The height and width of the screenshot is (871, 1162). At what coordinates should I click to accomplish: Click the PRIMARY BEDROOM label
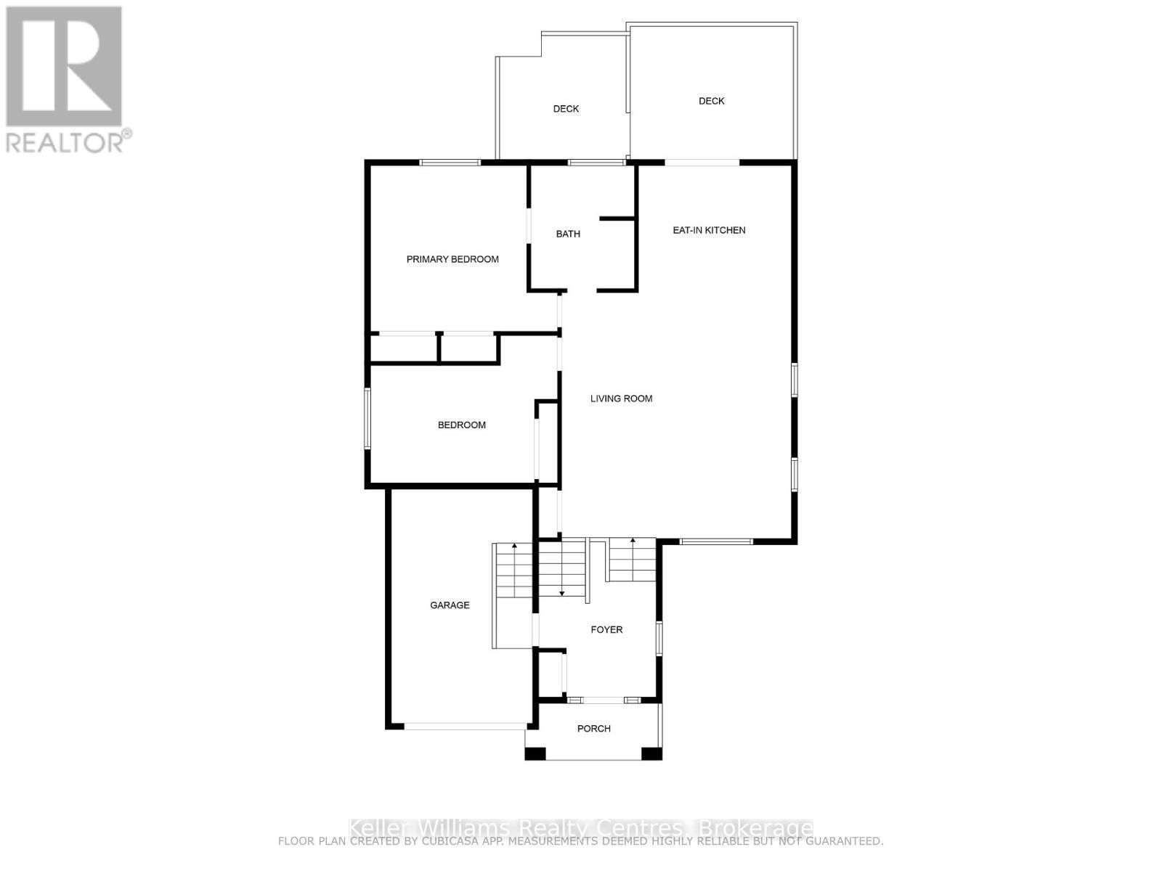click(452, 259)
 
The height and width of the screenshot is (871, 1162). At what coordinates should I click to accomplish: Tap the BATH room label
click(568, 234)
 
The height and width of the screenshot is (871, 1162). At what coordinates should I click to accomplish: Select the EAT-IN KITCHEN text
click(709, 230)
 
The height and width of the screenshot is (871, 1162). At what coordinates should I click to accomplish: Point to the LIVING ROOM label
click(621, 398)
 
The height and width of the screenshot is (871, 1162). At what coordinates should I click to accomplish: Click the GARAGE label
click(450, 605)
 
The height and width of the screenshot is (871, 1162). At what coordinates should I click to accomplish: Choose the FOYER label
click(606, 629)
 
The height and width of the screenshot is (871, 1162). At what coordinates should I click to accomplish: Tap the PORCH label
click(593, 728)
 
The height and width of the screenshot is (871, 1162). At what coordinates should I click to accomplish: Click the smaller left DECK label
click(566, 109)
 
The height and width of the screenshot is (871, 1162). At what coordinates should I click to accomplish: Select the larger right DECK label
click(711, 101)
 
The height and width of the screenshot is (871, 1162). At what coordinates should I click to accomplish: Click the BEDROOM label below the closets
click(461, 425)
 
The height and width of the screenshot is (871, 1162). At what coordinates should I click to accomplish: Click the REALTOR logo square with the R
click(64, 66)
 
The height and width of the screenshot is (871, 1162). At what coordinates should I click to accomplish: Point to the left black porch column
click(535, 753)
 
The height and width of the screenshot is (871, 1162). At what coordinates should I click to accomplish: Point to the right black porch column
click(651, 753)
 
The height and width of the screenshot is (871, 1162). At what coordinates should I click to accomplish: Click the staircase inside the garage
click(513, 571)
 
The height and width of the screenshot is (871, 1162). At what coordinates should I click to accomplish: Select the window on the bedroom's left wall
click(367, 419)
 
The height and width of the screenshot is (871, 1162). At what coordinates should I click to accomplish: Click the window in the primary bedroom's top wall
click(450, 163)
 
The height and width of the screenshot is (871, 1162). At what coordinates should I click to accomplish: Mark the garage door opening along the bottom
click(466, 725)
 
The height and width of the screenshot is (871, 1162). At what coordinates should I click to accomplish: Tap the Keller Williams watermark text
click(581, 828)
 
